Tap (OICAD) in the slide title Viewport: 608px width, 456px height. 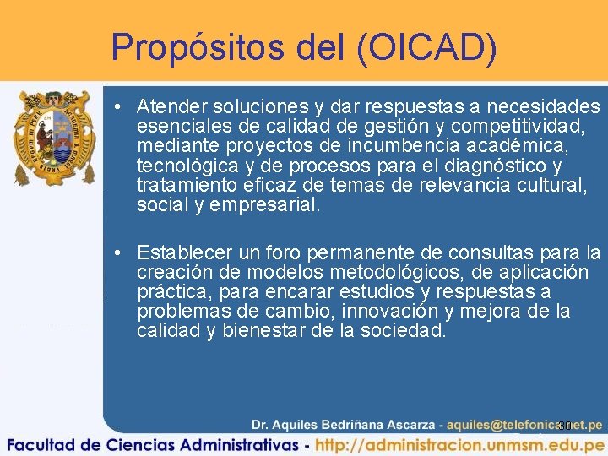(x=426, y=48)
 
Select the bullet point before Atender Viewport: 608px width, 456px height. (x=121, y=107)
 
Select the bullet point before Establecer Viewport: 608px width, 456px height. (x=121, y=252)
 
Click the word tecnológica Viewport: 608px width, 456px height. (x=185, y=166)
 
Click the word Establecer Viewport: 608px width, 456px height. (x=184, y=252)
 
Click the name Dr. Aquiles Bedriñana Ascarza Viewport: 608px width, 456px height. (x=345, y=425)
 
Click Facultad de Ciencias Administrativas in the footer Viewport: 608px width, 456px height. (x=151, y=444)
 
